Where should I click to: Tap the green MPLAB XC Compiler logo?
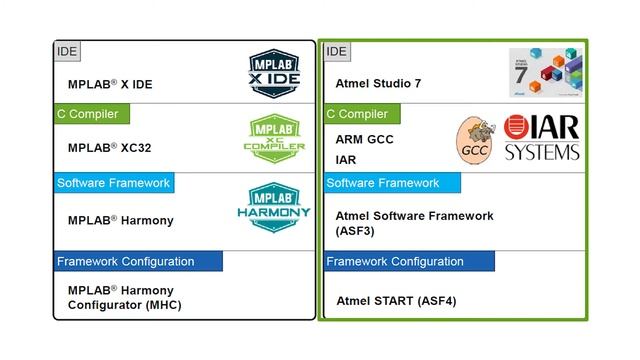[x=274, y=140]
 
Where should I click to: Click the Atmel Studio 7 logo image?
[x=544, y=72]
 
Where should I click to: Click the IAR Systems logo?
[x=541, y=139]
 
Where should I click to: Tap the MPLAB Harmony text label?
[x=120, y=220]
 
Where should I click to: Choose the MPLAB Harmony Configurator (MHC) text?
[x=124, y=296]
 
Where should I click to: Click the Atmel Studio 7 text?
[x=379, y=83]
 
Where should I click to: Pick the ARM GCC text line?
[x=364, y=140]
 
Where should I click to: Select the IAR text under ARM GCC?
[x=346, y=159]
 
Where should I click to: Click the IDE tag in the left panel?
[x=66, y=51]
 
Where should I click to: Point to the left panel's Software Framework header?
[x=113, y=183]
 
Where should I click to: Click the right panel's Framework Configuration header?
[x=409, y=261]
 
